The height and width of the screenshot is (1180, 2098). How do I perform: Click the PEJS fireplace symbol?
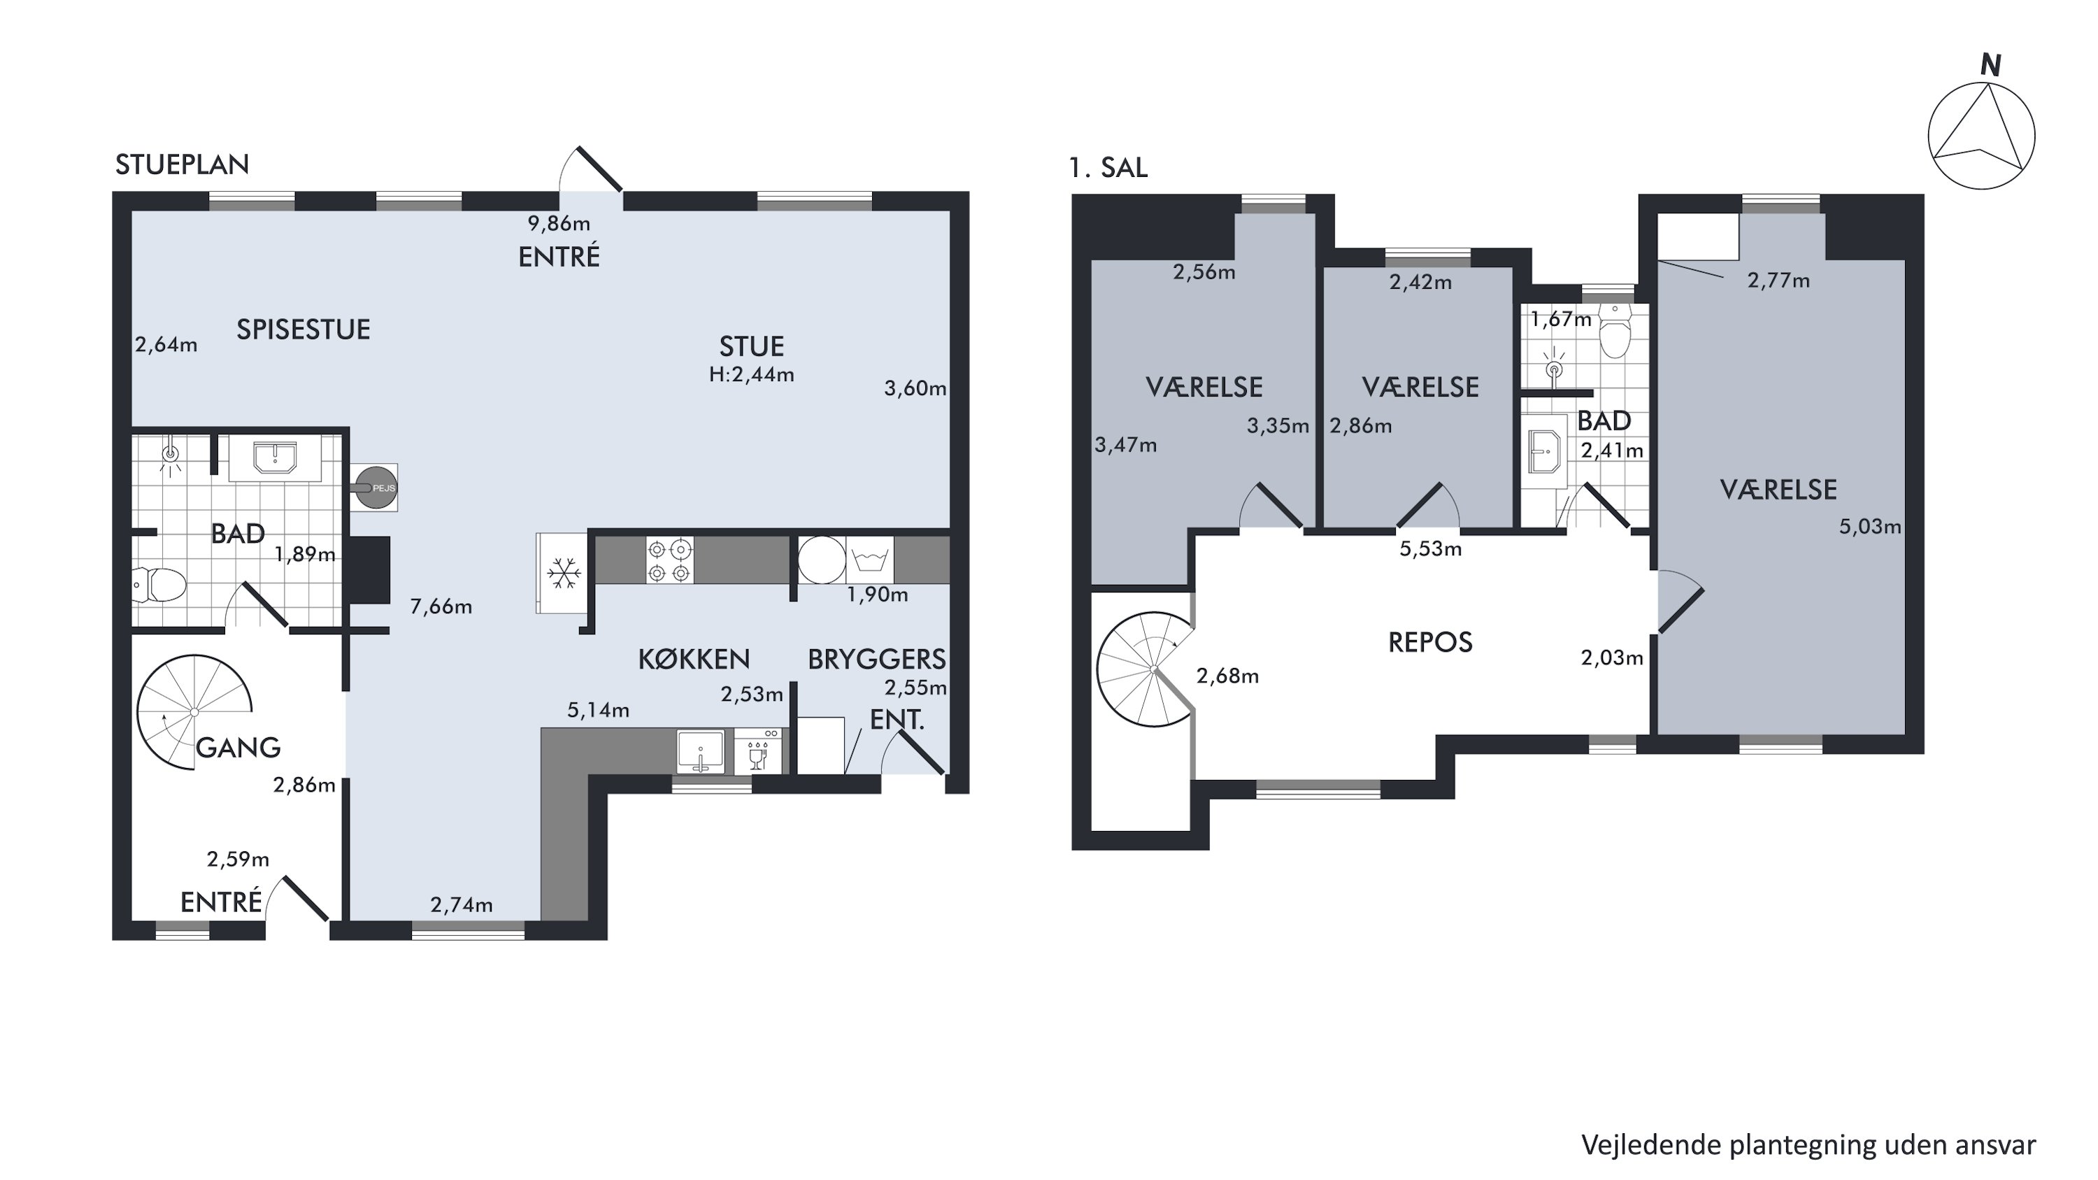(x=376, y=487)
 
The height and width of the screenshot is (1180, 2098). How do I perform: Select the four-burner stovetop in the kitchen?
(x=669, y=560)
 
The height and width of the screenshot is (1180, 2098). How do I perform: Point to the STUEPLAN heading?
(x=182, y=164)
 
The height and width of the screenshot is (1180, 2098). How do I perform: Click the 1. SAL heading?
(x=1108, y=167)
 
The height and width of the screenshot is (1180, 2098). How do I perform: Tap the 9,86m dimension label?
(x=559, y=223)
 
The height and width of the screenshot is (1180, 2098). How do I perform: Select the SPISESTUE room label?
(x=303, y=329)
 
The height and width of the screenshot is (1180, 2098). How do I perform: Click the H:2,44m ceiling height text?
(x=751, y=375)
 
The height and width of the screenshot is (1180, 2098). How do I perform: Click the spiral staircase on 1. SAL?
(x=1146, y=669)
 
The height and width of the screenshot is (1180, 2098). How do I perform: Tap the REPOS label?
(x=1430, y=643)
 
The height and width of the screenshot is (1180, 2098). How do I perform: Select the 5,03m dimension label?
(x=1870, y=527)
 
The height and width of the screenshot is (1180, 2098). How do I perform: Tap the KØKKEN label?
(x=694, y=659)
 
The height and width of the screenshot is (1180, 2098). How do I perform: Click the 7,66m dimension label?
(x=441, y=606)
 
